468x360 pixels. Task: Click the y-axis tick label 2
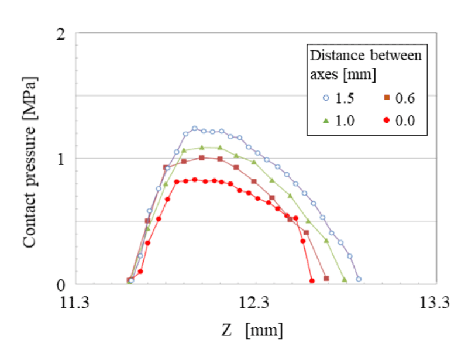[60, 33]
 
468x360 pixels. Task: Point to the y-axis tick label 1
[60, 159]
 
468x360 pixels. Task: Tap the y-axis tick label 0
[60, 284]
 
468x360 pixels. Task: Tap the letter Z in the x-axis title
[227, 330]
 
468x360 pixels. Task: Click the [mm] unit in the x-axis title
[265, 330]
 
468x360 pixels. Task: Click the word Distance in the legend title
[332, 56]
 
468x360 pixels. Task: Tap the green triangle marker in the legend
[324, 122]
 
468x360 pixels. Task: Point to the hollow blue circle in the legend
[324, 98]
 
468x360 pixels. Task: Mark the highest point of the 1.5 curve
[195, 128]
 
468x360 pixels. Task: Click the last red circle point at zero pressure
[312, 281]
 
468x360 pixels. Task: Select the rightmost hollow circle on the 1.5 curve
[359, 279]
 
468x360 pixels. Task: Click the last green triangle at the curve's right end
[345, 280]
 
